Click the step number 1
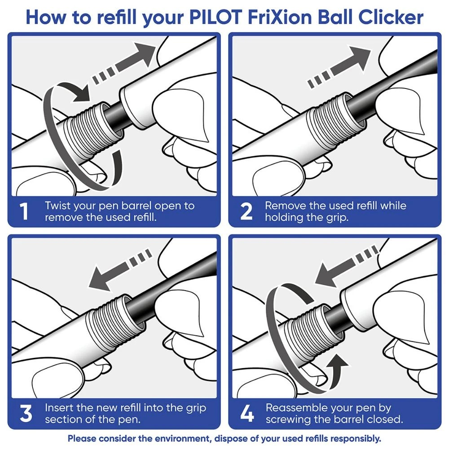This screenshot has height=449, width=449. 25,212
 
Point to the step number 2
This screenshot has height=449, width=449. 247,212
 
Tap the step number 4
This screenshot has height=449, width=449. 247,414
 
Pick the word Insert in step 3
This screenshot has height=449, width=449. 59,408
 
